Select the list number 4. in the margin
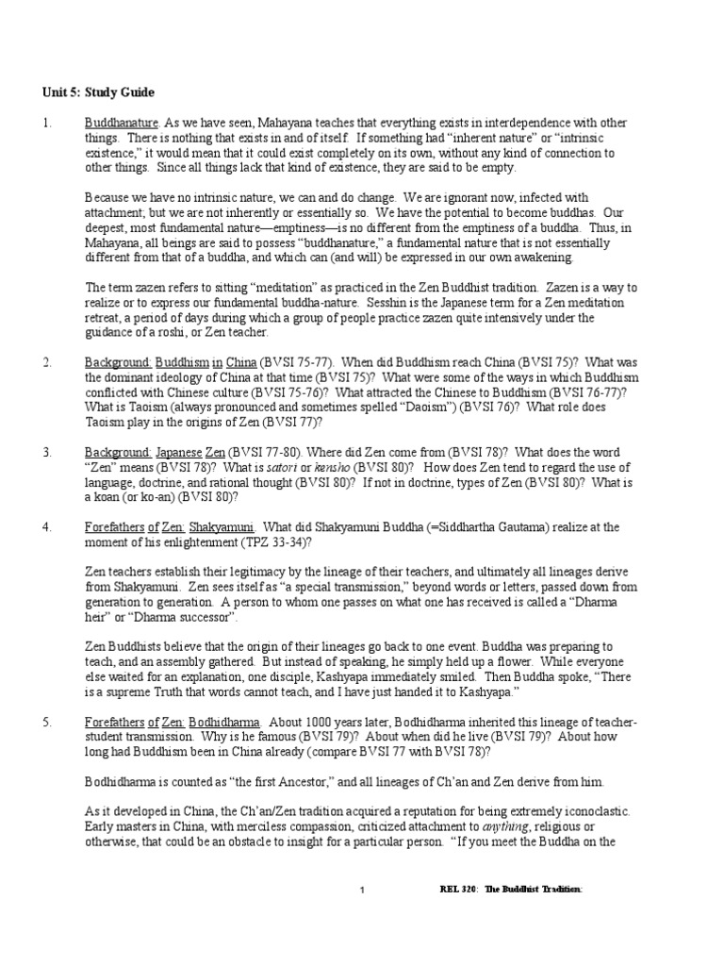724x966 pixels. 47,527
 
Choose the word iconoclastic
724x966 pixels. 587,811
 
